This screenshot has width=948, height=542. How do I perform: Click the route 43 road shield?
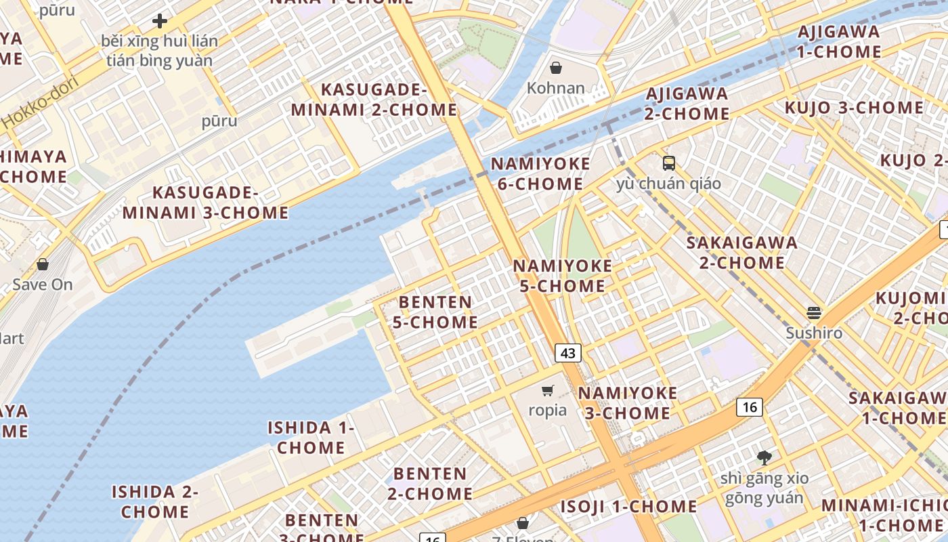click(x=568, y=352)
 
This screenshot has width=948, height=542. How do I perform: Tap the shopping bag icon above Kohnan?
click(x=556, y=68)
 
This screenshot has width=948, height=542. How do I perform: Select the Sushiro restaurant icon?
click(x=814, y=313)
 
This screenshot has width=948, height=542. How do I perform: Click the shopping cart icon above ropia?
click(x=548, y=390)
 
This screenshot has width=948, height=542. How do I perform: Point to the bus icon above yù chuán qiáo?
click(x=669, y=163)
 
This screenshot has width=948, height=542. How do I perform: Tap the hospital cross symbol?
click(x=160, y=21)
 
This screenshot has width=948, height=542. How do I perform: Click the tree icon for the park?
click(x=764, y=458)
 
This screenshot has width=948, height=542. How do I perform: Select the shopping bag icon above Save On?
click(x=43, y=264)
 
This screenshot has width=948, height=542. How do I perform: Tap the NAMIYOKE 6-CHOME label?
click(x=540, y=174)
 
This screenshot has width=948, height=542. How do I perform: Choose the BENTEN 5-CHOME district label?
click(x=435, y=312)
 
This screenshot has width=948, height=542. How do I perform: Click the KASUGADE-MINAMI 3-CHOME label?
click(x=205, y=203)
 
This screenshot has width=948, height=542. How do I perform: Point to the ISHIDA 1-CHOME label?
click(x=311, y=438)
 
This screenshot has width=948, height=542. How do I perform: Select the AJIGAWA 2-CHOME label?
click(x=687, y=104)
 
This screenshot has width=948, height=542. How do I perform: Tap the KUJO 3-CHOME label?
click(x=854, y=108)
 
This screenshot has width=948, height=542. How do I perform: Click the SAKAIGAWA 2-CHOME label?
click(x=741, y=253)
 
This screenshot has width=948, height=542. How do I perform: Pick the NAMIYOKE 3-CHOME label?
click(x=627, y=403)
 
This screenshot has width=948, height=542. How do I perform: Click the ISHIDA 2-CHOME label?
click(x=155, y=501)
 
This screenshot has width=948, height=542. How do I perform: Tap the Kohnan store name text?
click(x=556, y=88)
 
